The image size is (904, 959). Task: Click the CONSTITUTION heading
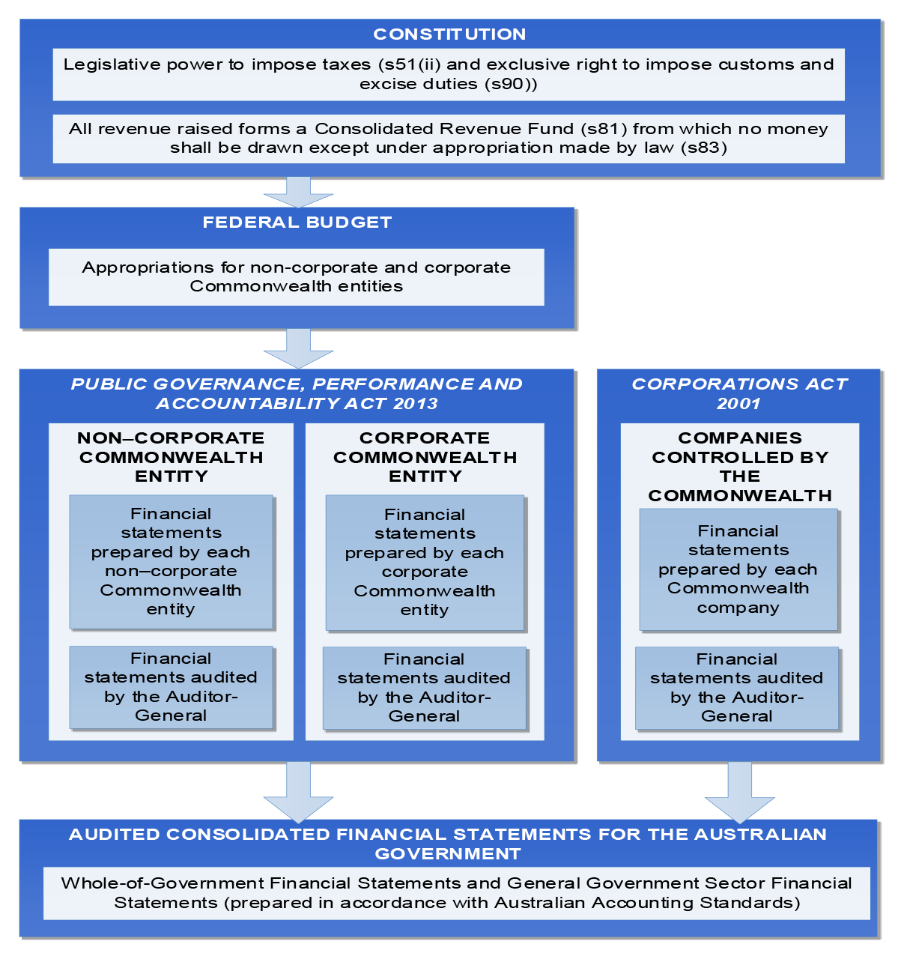click(x=449, y=34)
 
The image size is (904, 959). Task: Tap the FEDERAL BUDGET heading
click(x=297, y=222)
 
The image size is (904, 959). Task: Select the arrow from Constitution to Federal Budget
click(x=298, y=193)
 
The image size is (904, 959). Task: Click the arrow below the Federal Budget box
click(x=298, y=348)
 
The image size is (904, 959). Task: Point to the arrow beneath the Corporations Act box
click(x=739, y=793)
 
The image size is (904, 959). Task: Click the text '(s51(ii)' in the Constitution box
click(x=410, y=64)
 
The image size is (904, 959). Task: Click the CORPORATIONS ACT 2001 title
click(x=738, y=393)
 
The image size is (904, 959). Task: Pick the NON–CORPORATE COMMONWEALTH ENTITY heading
click(x=171, y=457)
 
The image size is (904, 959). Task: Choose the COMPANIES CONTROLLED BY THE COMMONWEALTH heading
click(x=739, y=467)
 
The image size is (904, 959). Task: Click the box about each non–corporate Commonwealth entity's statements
click(x=172, y=562)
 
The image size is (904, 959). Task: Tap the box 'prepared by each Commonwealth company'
click(x=738, y=570)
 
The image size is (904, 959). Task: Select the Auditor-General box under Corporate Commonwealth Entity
click(x=425, y=688)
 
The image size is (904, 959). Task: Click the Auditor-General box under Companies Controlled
click(x=737, y=688)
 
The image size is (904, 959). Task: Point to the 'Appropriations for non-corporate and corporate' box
click(x=297, y=277)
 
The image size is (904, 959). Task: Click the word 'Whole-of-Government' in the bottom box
click(x=163, y=883)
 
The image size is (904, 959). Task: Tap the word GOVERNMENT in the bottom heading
click(x=448, y=853)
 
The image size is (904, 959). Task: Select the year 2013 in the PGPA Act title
click(x=415, y=404)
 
